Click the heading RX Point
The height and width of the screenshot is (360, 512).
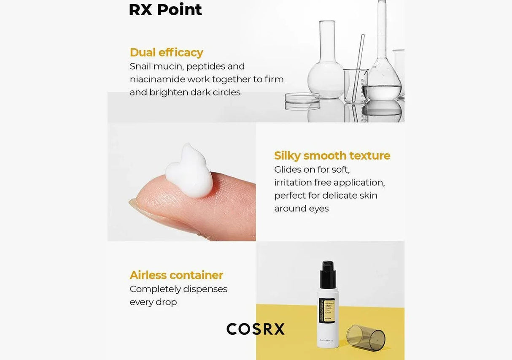point(165,10)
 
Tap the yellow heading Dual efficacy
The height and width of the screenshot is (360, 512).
point(166,52)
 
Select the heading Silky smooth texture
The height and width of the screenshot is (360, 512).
point(332,156)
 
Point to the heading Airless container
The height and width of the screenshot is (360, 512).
point(176,275)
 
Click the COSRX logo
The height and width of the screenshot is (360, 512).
point(256,329)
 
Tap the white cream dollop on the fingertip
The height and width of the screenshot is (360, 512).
point(189,173)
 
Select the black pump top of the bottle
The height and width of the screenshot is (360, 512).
point(328,274)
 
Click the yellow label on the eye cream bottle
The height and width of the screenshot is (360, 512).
point(326,310)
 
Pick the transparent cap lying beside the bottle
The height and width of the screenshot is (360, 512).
point(366,337)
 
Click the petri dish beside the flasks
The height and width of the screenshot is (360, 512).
point(302,98)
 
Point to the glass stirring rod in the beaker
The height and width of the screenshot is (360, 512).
point(359,63)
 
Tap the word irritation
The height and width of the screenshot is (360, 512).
point(293,182)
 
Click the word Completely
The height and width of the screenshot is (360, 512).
point(155,289)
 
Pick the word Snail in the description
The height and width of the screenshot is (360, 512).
point(140,66)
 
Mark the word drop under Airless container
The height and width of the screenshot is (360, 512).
point(166,302)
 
